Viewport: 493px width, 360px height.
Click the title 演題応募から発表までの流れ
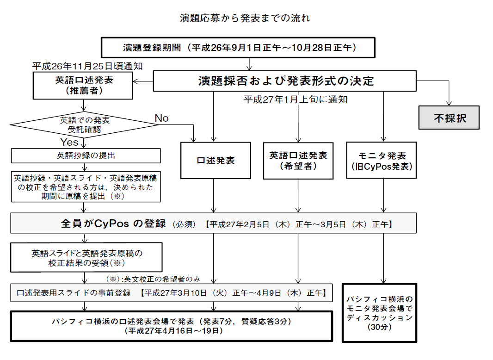(x=245, y=19)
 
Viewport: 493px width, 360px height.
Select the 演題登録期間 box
(x=239, y=48)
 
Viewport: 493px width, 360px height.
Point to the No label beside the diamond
(x=161, y=118)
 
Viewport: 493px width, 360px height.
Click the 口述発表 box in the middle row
(x=216, y=161)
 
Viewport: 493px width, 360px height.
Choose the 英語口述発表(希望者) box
(x=298, y=161)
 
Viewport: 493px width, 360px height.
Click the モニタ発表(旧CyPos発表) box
(x=382, y=161)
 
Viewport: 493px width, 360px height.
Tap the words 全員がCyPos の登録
(x=113, y=224)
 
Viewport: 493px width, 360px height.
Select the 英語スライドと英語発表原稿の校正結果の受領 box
(x=86, y=258)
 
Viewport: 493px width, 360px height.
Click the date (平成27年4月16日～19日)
(x=172, y=331)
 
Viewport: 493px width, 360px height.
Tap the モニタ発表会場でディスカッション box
(x=379, y=313)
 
